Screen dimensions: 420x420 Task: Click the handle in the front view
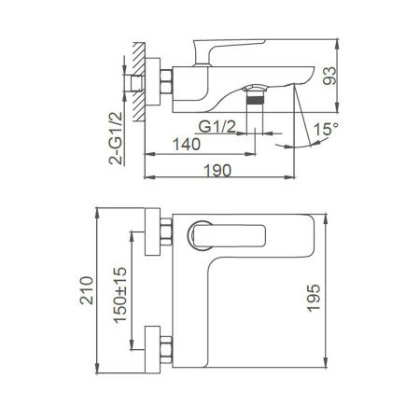tap(210, 237)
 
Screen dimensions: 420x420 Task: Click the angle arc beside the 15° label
tap(305, 140)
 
